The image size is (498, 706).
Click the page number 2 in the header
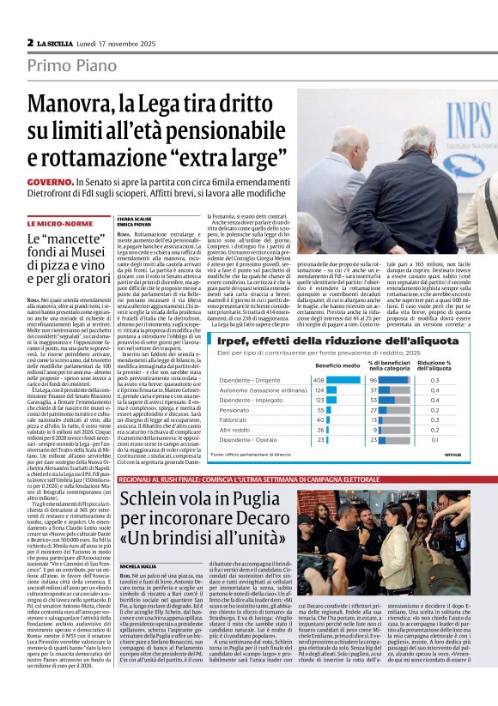tap(30, 41)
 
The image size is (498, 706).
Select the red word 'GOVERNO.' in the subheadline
tap(50, 184)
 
